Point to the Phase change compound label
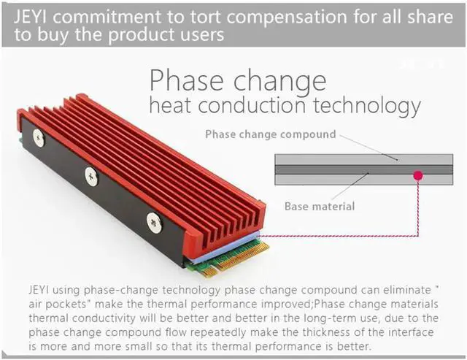click(271, 134)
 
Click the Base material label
click(319, 206)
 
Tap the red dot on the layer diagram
click(418, 175)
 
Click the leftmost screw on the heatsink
click(39, 137)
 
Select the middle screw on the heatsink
click(91, 175)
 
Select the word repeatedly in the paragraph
click(199, 332)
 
